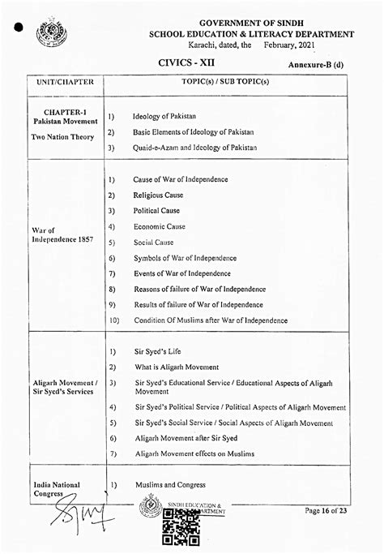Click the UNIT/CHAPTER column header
pos(65,83)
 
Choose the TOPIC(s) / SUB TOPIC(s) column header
pos(226,83)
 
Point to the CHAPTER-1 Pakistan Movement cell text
pos(65,116)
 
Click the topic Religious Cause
pos(158,195)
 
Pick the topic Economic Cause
pos(159,226)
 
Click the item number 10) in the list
pos(113,320)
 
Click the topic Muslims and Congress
pos(170,484)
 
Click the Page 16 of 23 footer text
pos(326,510)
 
